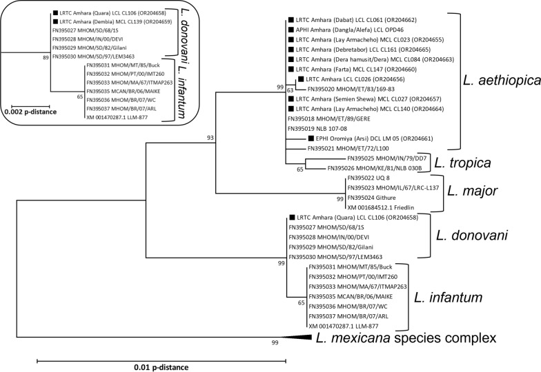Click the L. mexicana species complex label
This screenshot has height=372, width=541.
click(405, 338)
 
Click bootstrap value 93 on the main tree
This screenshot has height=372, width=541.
click(211, 138)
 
